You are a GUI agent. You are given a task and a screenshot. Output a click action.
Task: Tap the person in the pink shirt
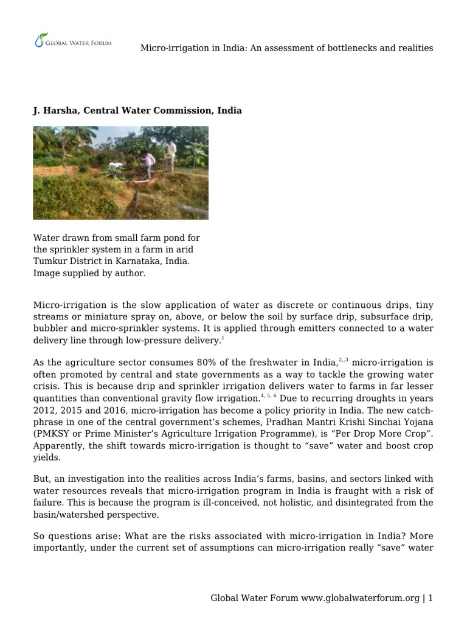click(x=148, y=164)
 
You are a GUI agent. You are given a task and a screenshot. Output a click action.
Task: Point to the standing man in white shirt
click(x=171, y=155)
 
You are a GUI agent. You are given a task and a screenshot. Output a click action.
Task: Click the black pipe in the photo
click(x=134, y=195)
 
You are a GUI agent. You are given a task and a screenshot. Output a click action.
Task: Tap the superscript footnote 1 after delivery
click(x=223, y=338)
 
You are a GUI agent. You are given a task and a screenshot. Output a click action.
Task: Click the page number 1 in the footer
click(x=431, y=598)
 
